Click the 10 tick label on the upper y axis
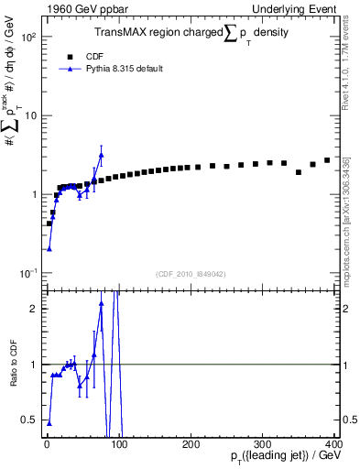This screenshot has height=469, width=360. (x=29, y=116)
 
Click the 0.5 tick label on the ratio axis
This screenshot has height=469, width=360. (x=28, y=420)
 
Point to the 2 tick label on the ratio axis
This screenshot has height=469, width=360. (x=33, y=309)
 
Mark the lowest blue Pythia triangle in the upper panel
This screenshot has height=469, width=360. (x=49, y=248)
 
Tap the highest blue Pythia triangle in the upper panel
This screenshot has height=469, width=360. (x=102, y=155)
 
